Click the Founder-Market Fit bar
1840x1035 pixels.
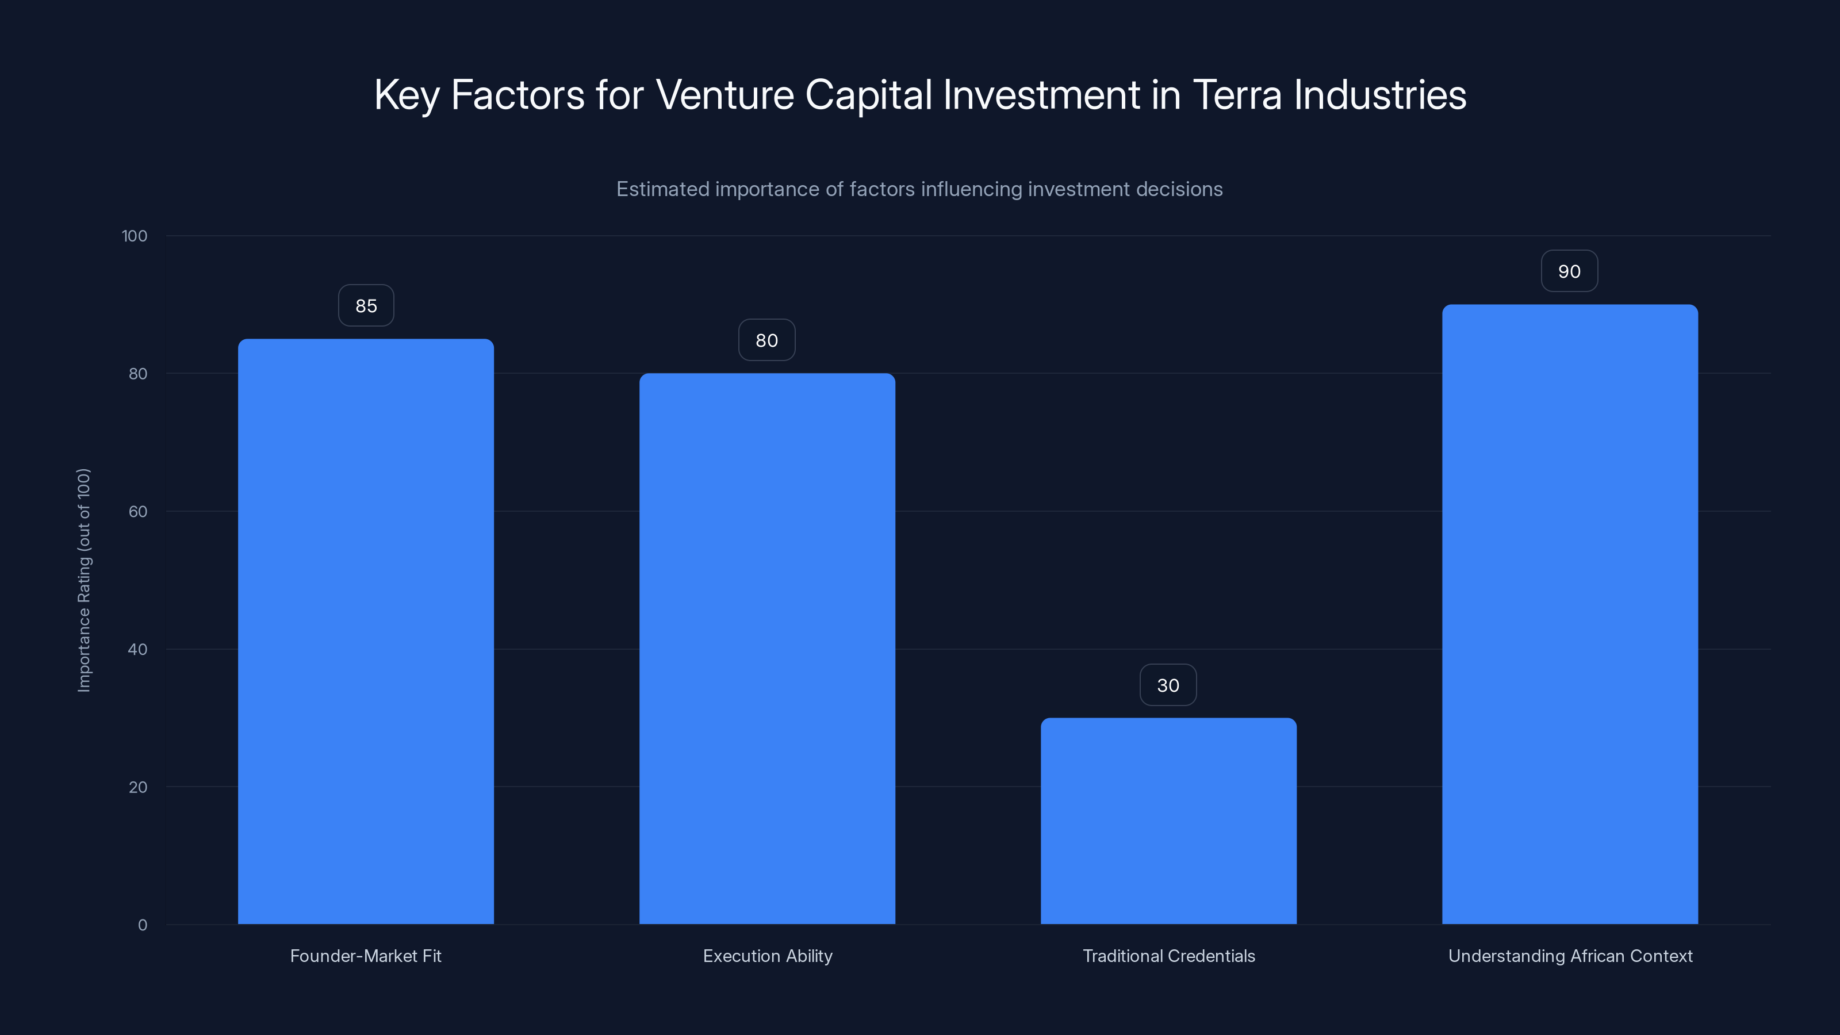(x=366, y=631)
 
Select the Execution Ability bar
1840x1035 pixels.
(x=767, y=649)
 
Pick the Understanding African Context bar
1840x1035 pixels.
(x=1570, y=614)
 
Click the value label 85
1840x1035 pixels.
(x=366, y=306)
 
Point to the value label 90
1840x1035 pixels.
(x=1569, y=271)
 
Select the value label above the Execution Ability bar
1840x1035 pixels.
(x=766, y=341)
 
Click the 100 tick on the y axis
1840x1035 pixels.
(x=135, y=236)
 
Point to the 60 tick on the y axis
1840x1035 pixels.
(x=138, y=511)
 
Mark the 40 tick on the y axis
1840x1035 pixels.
(x=138, y=649)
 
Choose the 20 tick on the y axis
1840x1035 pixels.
(x=138, y=787)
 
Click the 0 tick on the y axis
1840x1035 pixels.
(x=142, y=925)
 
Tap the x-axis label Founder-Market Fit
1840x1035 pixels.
(x=366, y=956)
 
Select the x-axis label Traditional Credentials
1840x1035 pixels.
(x=1168, y=956)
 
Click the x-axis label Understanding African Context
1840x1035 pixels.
(x=1570, y=956)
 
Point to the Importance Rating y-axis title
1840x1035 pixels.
(x=85, y=580)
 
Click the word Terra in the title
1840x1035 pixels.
(x=1236, y=95)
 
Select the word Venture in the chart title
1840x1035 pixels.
(x=724, y=95)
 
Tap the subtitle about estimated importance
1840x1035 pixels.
(x=919, y=189)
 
